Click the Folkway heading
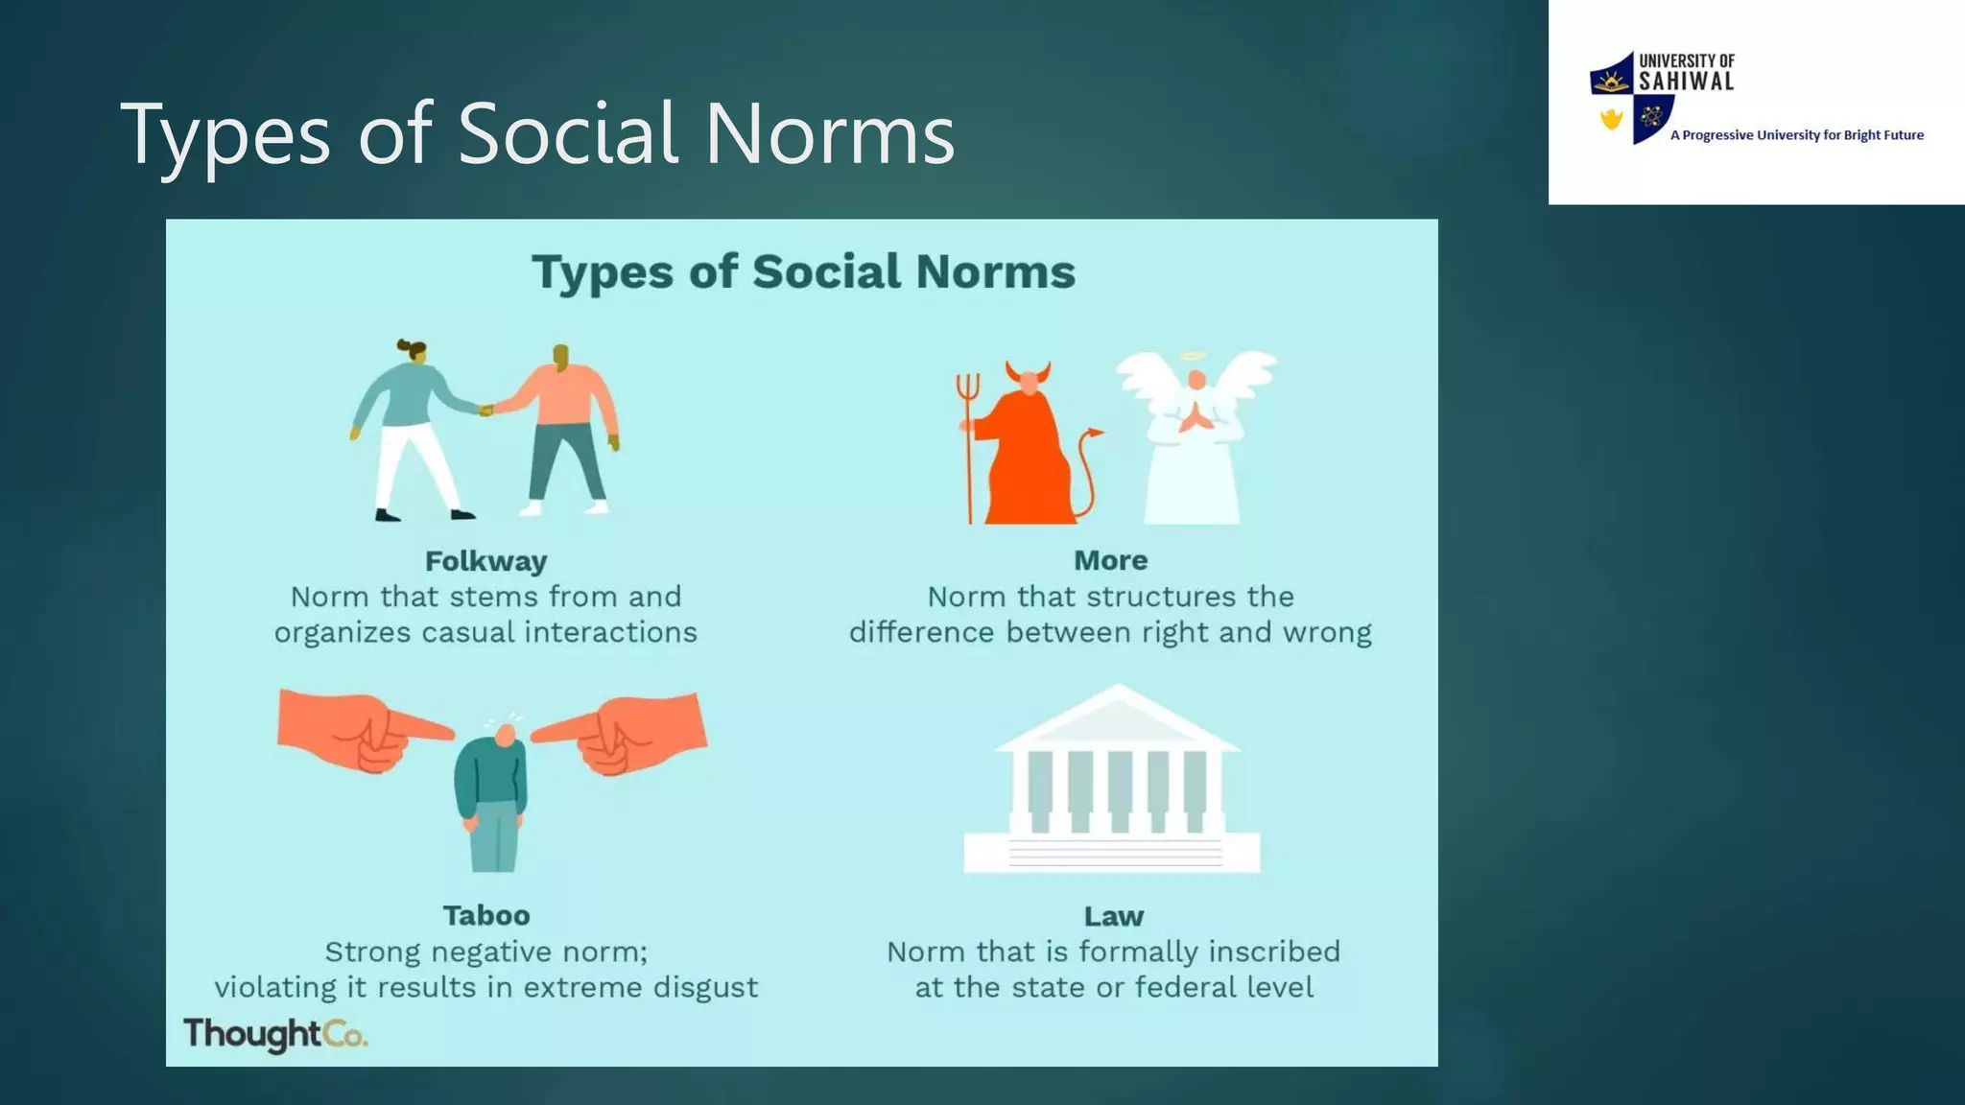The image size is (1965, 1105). [485, 561]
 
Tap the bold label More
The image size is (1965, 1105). [1110, 560]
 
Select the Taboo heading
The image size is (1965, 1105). [485, 916]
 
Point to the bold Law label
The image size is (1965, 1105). [1113, 917]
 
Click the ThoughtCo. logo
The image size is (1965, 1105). [275, 1034]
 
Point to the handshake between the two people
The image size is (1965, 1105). [486, 410]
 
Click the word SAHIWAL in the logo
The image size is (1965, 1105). [1686, 82]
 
